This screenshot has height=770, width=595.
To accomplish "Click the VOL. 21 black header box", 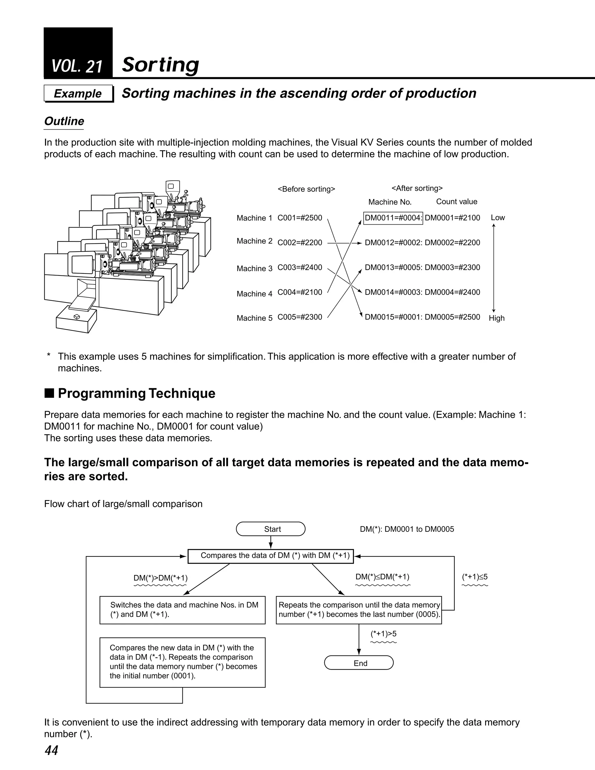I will click(78, 53).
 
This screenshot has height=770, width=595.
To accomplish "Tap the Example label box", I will click(78, 94).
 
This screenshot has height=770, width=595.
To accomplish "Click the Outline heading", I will click(64, 121).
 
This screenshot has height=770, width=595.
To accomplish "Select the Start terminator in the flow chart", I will click(270, 529).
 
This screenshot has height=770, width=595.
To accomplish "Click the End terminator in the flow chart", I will click(359, 663).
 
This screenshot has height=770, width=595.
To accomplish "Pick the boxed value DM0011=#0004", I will click(393, 218).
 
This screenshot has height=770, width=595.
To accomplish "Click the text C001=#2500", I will click(300, 218).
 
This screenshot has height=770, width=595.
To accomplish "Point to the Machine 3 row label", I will click(255, 268).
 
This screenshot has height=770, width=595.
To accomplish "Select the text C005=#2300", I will click(300, 317).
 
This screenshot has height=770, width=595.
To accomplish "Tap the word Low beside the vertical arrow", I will click(498, 218).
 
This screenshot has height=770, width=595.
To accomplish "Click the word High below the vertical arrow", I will click(496, 318).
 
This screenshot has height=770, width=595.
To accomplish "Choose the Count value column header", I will click(456, 202).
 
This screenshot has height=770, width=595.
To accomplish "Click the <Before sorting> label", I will click(306, 189).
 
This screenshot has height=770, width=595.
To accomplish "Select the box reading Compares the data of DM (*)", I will click(270, 556).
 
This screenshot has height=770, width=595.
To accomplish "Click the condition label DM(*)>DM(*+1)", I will click(160, 578).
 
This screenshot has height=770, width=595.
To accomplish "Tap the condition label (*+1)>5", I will click(383, 633).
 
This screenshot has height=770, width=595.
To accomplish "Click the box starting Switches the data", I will click(182, 610).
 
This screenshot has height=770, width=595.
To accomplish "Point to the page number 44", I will click(51, 750).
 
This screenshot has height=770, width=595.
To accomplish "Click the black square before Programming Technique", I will click(49, 393).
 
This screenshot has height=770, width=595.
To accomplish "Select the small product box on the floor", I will click(76, 319).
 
